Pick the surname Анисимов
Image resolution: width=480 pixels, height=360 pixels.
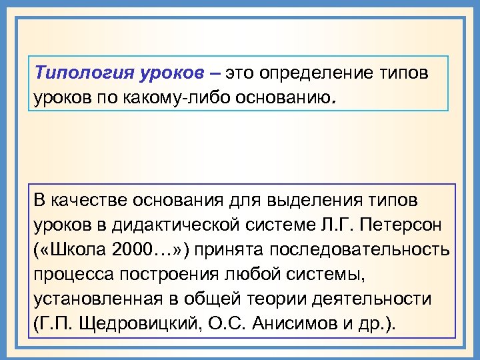(293, 325)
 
